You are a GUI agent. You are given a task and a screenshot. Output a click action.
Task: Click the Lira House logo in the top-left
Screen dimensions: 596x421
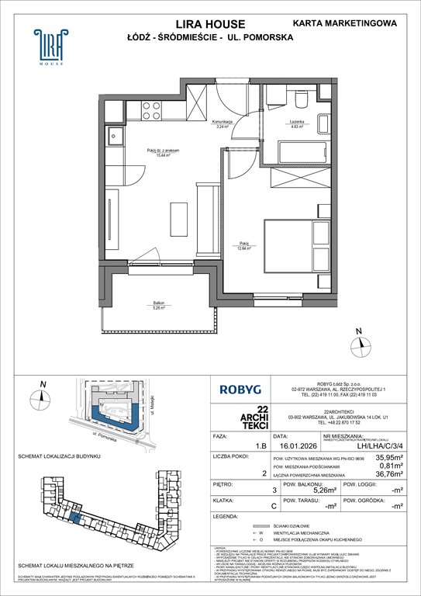pyautogui.click(x=48, y=47)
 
